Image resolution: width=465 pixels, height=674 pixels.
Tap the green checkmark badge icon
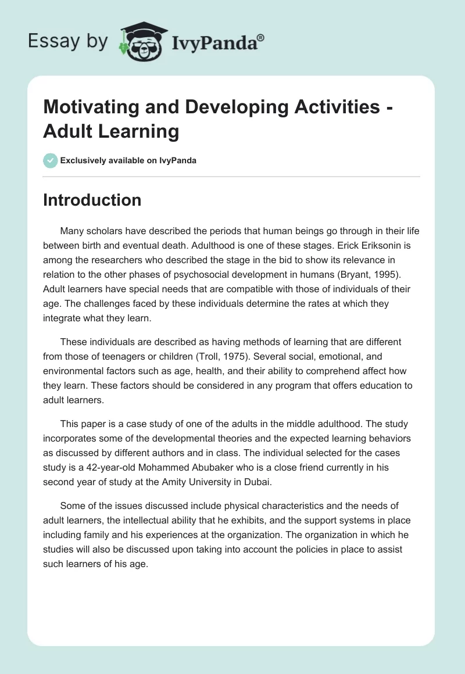tap(51, 160)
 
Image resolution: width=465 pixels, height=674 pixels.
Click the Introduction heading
tap(92, 200)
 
